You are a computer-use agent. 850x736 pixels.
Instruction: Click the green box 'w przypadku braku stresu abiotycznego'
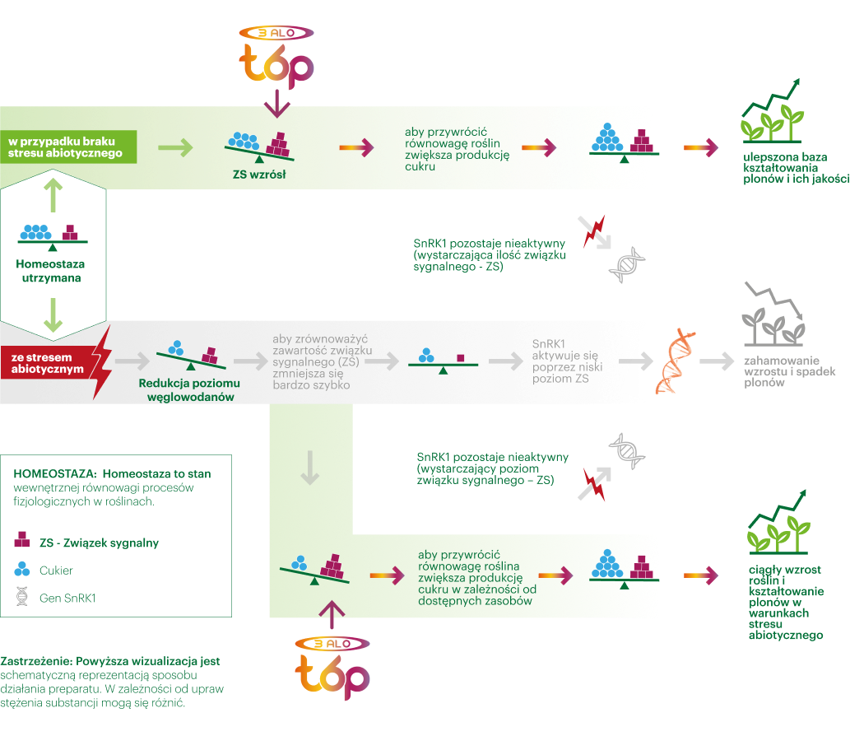(x=68, y=147)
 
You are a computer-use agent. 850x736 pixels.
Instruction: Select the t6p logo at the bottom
(x=332, y=668)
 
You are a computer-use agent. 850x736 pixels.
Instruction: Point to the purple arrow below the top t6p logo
(x=277, y=104)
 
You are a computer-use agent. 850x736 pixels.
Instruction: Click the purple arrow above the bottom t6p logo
(x=332, y=615)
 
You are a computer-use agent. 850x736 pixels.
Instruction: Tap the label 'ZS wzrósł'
(x=259, y=175)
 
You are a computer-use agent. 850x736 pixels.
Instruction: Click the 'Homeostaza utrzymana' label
(x=51, y=271)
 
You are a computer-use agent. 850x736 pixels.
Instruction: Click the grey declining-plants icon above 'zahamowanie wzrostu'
(x=773, y=314)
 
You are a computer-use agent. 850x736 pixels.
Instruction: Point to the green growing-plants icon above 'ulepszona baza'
(x=772, y=112)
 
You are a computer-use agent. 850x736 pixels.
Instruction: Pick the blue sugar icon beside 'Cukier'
(x=22, y=569)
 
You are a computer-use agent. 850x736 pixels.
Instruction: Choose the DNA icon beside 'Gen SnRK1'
(x=22, y=597)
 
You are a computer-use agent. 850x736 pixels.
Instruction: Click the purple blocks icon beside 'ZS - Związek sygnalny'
(x=22, y=540)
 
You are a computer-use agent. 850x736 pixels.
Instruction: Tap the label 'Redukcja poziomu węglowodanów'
(x=190, y=390)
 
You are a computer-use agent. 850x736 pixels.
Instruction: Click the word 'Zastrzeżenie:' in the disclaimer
(x=36, y=661)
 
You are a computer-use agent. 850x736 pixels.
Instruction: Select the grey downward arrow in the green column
(x=309, y=468)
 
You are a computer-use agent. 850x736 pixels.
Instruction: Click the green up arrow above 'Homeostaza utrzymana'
(x=53, y=196)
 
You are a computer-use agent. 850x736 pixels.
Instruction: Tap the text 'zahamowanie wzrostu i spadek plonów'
(x=789, y=371)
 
